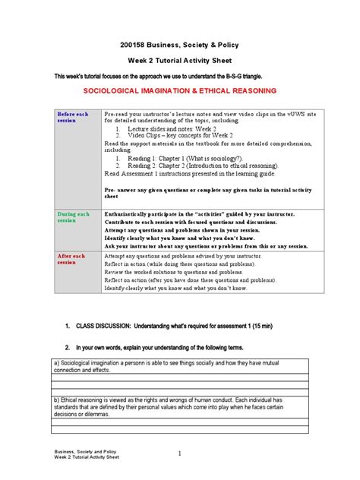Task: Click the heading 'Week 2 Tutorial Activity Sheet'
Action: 179,62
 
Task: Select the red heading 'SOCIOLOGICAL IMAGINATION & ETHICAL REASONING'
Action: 179,95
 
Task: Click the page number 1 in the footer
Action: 179,453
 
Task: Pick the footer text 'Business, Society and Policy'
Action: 86,450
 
